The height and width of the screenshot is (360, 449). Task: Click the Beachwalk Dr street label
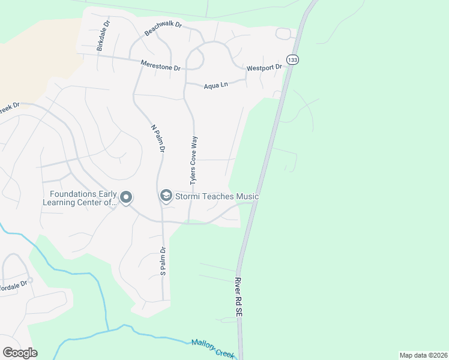pos(163,28)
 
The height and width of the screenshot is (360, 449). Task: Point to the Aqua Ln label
pos(215,86)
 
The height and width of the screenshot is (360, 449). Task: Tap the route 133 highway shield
pos(292,60)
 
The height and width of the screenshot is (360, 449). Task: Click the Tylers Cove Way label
pos(194,158)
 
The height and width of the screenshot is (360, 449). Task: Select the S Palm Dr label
pos(163,261)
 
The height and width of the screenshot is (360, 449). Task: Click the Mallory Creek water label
pos(213,348)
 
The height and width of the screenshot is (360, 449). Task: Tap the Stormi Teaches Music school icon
pos(165,196)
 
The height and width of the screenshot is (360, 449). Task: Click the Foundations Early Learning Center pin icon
pos(126,197)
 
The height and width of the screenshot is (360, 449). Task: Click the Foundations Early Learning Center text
pos(82,198)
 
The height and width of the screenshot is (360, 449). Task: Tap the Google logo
pos(20,353)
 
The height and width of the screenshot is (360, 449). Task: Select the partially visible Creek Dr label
pos(9,107)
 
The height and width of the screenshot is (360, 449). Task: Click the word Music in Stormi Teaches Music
pos(247,197)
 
